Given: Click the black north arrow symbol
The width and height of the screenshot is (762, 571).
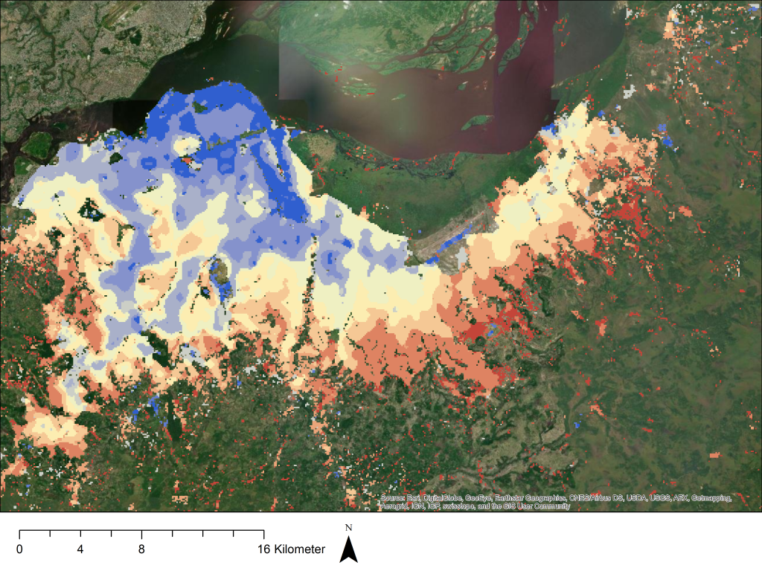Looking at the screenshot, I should (x=349, y=550).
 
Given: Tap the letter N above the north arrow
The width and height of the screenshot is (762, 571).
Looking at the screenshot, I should (x=349, y=529).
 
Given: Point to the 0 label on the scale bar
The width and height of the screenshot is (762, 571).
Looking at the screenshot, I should (x=19, y=550).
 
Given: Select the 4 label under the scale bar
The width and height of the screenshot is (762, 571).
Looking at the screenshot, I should (x=80, y=550).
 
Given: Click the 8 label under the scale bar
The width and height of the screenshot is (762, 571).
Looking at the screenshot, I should (x=141, y=550).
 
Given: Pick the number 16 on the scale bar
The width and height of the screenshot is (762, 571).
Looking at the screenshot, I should (x=263, y=550).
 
